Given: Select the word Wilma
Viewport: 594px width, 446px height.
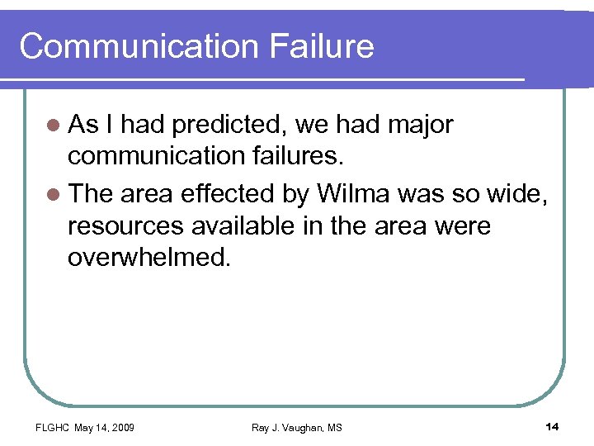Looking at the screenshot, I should [354, 194].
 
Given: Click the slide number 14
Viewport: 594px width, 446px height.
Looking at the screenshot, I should [552, 426].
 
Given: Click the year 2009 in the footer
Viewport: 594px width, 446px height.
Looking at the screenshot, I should [121, 427].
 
